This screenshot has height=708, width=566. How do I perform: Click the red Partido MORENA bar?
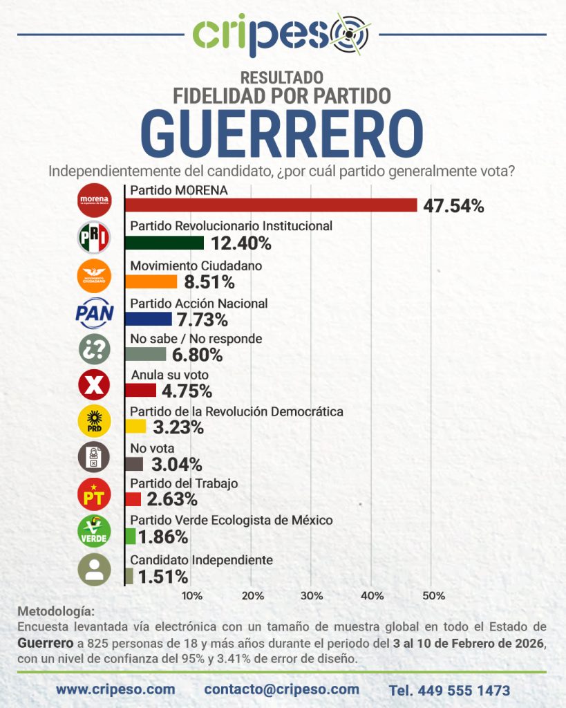pos(271,205)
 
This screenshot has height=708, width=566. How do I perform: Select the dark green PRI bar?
pos(164,243)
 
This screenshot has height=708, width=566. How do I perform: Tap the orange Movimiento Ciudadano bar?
pos(151,281)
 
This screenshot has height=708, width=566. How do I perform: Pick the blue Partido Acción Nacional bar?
pos(149,319)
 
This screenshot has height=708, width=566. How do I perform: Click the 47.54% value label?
pos(453,205)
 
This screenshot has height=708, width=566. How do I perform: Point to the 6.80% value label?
pos(197,355)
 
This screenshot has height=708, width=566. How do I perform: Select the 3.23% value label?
pos(178,428)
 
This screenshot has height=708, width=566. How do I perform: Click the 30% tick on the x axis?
pos(312,595)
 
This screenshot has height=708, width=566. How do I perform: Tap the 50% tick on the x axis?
pos(433,595)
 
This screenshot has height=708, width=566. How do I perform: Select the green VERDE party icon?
pos(93,531)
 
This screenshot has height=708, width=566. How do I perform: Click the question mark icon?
pos(93,349)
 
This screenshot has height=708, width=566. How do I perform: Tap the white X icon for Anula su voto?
pos(93,386)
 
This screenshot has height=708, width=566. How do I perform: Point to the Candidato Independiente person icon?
pos(93,568)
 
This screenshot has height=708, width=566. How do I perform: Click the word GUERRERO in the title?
pos(282,135)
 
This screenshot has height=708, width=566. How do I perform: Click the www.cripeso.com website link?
pos(115,689)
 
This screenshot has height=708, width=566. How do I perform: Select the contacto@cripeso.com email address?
pos(282,689)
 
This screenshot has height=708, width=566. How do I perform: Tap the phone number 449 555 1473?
pos(450,690)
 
